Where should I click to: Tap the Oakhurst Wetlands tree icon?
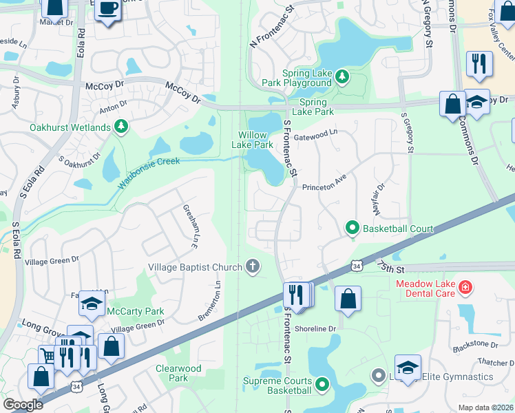point(121,127)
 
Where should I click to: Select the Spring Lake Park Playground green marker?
point(341,78)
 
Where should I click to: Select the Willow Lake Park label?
point(255,140)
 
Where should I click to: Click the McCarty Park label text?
point(135,310)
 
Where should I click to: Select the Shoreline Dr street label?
point(315,328)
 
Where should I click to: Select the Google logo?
point(23,405)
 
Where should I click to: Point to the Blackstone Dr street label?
point(475,344)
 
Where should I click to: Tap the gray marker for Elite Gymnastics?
point(378,376)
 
